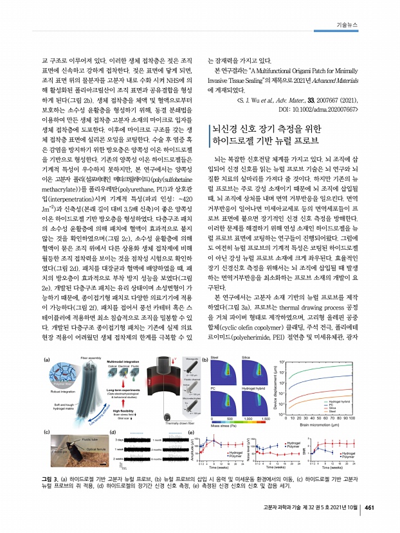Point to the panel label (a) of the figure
(46, 360)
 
